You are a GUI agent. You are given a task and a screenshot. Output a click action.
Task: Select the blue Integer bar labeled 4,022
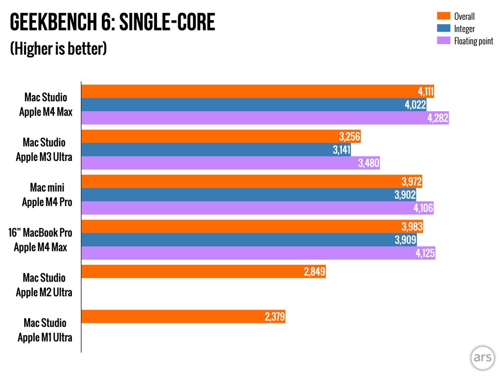pos(253,105)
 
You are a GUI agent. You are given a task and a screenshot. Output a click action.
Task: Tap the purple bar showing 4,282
pos(265,118)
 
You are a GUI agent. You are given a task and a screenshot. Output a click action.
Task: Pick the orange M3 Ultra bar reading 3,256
pos(221,137)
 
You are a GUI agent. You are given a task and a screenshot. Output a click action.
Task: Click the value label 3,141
pos(342,150)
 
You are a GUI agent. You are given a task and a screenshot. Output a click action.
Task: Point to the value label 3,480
pos(369,163)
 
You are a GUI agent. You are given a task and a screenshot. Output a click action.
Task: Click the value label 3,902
pos(405,195)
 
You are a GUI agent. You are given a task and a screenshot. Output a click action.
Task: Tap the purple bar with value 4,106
pos(257,208)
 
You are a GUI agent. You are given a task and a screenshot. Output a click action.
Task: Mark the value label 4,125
pos(424,253)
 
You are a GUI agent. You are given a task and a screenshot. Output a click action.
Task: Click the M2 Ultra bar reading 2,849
pos(203,272)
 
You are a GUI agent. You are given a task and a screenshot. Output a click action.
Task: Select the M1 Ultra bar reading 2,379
pos(183,316)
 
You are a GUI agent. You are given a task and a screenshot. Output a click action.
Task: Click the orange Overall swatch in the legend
pos(444,17)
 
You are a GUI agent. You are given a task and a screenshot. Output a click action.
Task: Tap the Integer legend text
pos(464,29)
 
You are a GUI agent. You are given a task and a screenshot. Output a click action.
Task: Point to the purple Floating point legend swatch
pos(444,41)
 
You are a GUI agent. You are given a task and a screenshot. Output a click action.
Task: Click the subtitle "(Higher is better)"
pos(59,49)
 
